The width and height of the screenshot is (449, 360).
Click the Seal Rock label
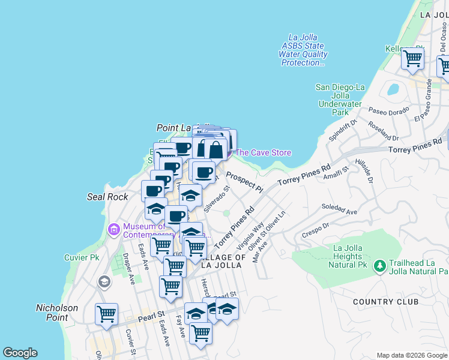(107, 197)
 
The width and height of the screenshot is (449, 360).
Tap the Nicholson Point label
(57, 312)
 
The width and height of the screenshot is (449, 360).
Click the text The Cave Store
(263, 152)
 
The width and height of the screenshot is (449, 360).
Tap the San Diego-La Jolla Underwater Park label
(340, 100)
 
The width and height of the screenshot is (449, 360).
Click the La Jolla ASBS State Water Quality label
(303, 50)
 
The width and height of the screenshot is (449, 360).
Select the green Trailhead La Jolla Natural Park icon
(379, 265)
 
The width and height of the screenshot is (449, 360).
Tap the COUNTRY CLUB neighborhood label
(385, 302)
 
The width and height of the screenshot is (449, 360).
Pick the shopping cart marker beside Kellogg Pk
(412, 58)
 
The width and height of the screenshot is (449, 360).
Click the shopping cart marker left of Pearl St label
(106, 313)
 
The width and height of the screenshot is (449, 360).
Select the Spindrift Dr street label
(343, 130)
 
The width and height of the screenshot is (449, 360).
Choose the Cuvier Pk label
(82, 257)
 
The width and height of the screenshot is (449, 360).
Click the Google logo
(20, 353)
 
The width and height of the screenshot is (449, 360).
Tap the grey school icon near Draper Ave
(104, 282)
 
